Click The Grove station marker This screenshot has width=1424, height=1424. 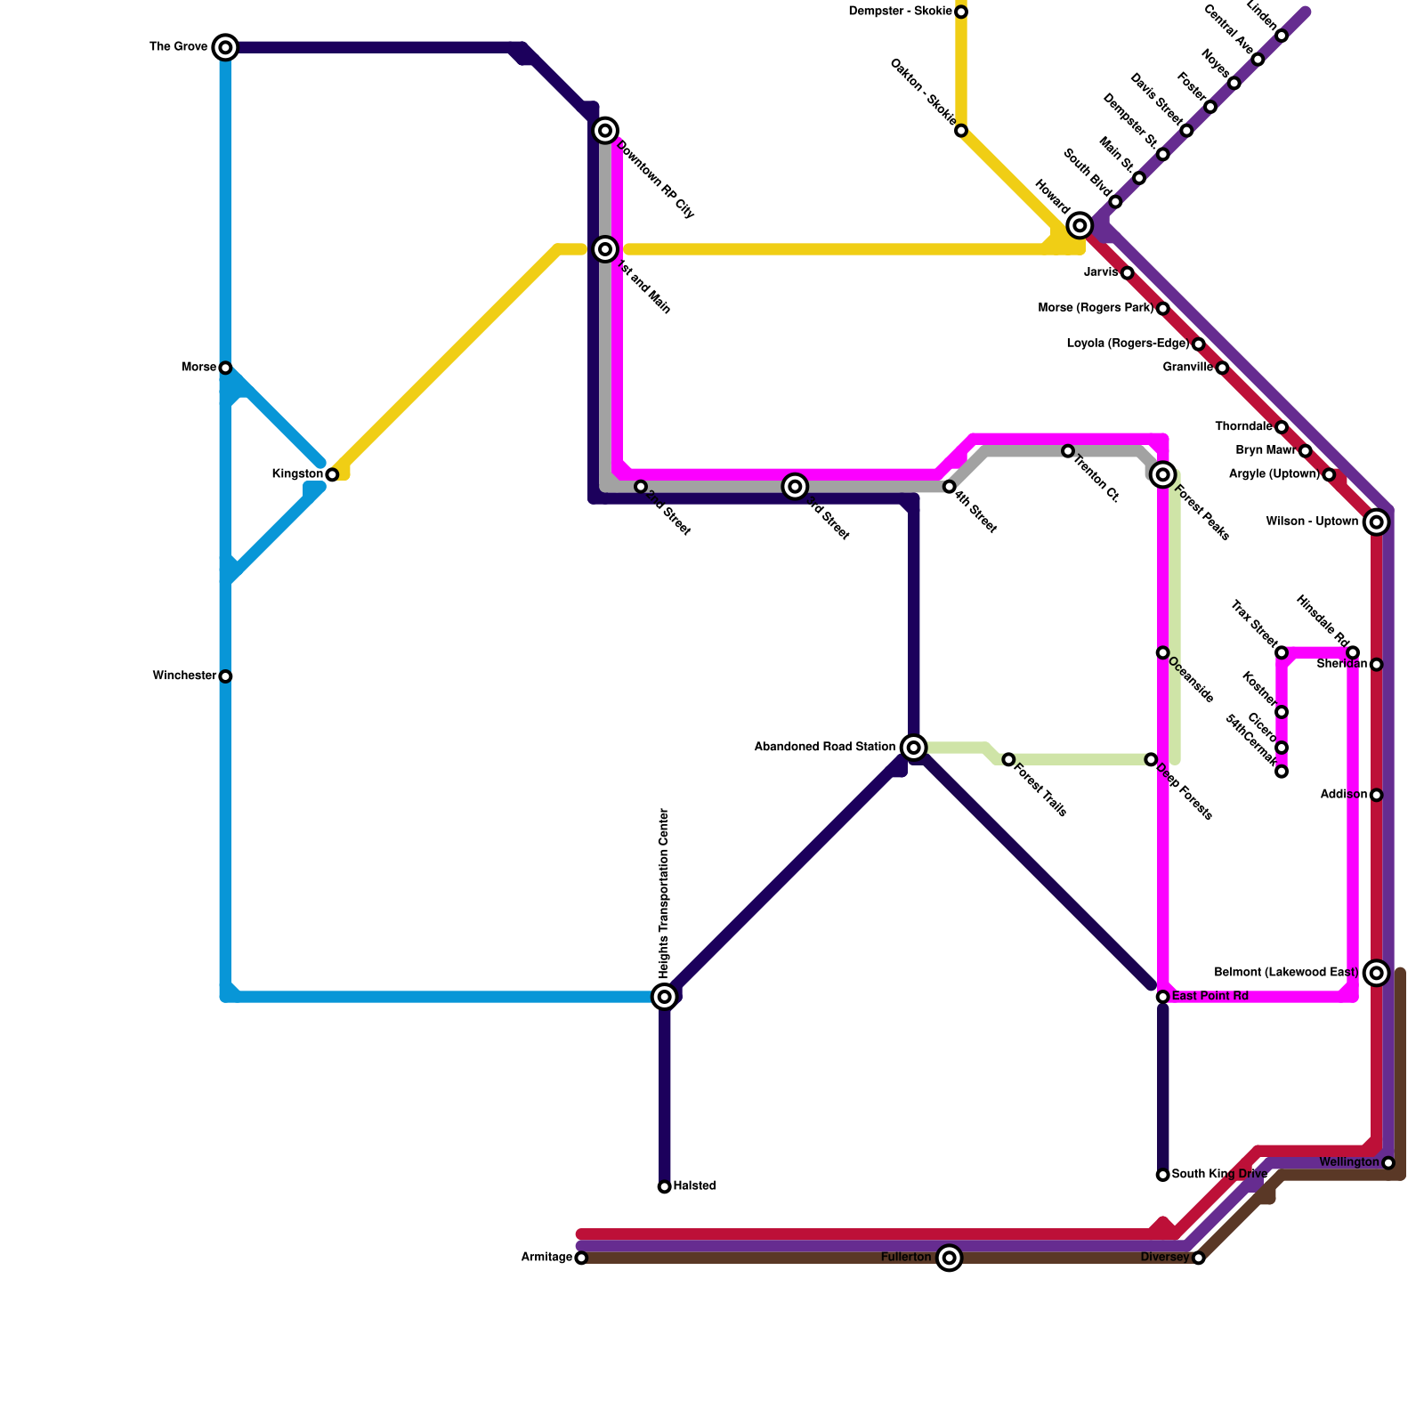point(225,47)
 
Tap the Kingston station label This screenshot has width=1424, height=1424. point(297,474)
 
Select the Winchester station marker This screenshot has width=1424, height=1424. point(225,676)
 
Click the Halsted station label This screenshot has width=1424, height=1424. point(694,1186)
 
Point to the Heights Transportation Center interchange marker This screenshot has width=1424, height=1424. point(664,997)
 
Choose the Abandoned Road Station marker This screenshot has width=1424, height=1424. point(913,747)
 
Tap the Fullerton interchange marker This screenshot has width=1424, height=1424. point(950,1258)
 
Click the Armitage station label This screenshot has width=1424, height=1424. point(546,1258)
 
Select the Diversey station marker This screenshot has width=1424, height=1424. point(1198,1258)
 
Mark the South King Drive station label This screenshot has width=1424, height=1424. point(1218,1175)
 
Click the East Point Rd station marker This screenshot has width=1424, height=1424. point(1162,997)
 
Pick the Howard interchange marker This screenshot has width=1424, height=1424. point(1080,225)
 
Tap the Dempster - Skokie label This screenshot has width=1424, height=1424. point(900,12)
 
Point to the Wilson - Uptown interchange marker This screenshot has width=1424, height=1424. point(1377,522)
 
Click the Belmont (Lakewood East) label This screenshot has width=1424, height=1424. point(1286,973)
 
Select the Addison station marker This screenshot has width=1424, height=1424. point(1377,795)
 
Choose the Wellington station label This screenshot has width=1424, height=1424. point(1348,1162)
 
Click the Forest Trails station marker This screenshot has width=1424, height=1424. point(1008,759)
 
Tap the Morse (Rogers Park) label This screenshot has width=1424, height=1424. point(1096,309)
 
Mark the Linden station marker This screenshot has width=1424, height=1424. point(1282,36)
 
